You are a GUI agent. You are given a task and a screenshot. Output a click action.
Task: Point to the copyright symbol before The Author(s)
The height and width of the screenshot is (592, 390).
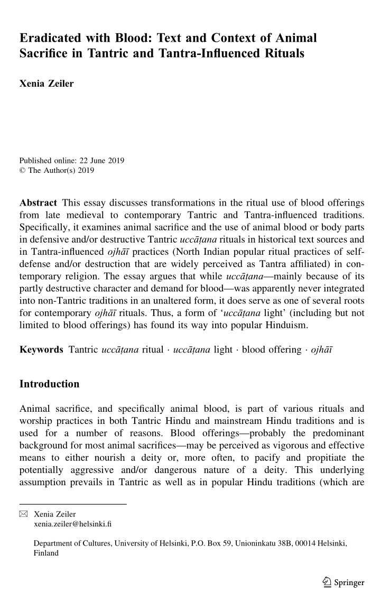(22, 170)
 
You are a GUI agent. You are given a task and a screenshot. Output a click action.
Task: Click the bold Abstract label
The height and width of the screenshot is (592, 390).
(38, 203)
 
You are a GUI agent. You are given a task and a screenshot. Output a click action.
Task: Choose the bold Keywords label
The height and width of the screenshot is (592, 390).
(41, 350)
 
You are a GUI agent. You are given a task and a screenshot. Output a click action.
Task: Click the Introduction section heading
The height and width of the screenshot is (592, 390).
(49, 384)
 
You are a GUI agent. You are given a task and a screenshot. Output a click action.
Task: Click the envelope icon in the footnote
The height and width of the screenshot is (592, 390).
(23, 514)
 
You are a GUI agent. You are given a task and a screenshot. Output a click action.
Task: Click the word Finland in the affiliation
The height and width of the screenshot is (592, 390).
(46, 553)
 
